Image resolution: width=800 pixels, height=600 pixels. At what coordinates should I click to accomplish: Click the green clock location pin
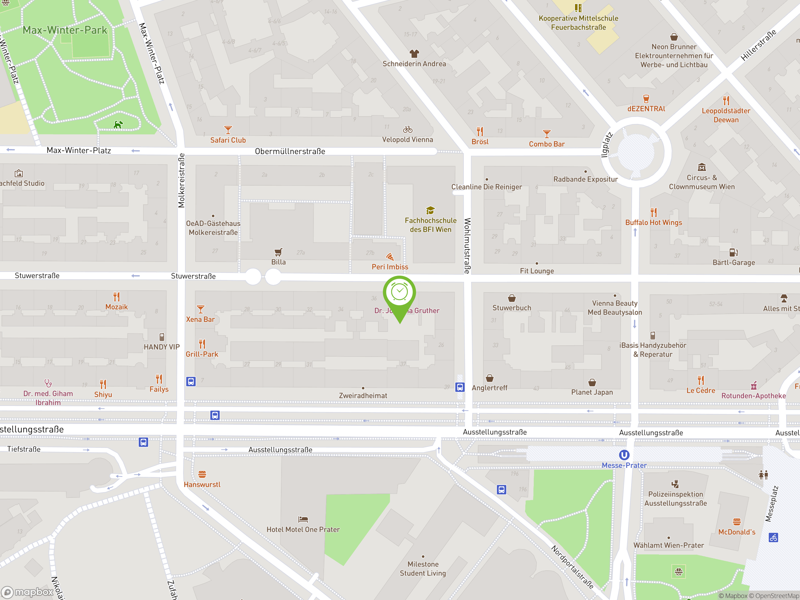399,292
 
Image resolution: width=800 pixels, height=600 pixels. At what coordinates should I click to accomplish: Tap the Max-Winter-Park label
65,30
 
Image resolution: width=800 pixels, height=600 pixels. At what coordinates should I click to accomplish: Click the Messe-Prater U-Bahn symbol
624,455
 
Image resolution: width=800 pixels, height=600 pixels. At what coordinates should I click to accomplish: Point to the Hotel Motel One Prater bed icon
303,519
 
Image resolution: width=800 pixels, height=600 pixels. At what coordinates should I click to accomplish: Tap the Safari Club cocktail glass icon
228,130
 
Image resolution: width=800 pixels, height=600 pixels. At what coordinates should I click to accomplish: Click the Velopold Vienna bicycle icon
407,129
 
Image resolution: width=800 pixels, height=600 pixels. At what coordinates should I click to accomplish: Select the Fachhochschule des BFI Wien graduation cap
430,210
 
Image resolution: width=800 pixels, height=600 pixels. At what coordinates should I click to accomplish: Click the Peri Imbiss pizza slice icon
390,257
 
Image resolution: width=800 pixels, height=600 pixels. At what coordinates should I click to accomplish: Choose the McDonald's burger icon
737,522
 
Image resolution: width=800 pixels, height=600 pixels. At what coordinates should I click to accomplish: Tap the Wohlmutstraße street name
467,246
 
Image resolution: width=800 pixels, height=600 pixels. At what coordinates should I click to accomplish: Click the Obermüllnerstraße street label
290,151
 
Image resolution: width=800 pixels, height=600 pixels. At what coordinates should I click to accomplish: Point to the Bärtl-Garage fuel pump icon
733,252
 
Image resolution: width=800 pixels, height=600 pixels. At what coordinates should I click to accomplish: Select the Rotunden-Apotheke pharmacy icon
753,386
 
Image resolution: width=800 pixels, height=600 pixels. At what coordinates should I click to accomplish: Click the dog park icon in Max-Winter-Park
118,125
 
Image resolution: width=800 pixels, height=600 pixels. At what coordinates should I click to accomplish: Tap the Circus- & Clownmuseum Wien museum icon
702,167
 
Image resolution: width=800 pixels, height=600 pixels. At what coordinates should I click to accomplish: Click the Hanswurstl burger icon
202,474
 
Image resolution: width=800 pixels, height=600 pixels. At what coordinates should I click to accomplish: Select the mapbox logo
27,592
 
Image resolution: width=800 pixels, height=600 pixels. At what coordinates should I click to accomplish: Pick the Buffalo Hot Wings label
653,222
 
